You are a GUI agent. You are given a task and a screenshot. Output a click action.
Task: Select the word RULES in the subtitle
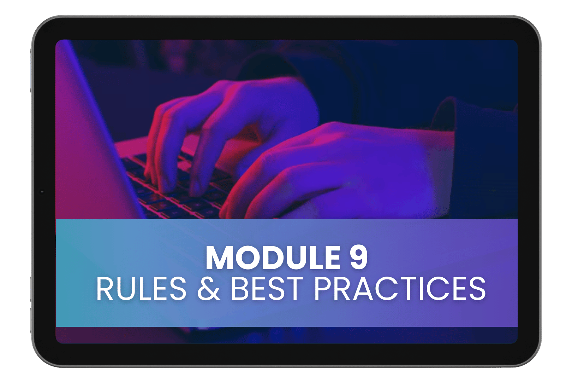pyautogui.click(x=141, y=289)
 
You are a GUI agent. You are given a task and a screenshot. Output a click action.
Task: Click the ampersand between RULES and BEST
pyautogui.click(x=209, y=289)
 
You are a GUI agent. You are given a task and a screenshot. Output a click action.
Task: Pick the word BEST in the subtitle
pyautogui.click(x=267, y=289)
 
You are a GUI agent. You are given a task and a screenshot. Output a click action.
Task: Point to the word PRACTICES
pyautogui.click(x=400, y=289)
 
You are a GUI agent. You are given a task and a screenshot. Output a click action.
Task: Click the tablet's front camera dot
pyautogui.click(x=42, y=191)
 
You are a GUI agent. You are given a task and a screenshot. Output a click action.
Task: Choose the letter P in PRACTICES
pyautogui.click(x=322, y=289)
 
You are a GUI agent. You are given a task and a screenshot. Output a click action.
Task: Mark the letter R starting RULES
pyautogui.click(x=105, y=289)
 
